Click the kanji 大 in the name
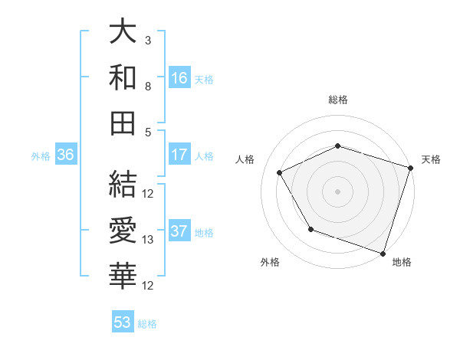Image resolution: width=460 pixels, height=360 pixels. (123, 32)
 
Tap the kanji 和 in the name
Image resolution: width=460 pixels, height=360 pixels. (123, 77)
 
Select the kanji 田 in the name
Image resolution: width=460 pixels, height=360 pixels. (123, 122)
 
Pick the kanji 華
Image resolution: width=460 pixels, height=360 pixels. (123, 273)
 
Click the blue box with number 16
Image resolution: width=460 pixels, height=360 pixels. (179, 77)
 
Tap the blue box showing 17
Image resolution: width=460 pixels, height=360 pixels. (179, 155)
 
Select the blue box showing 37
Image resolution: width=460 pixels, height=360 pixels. (179, 232)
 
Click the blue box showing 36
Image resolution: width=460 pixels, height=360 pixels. (65, 155)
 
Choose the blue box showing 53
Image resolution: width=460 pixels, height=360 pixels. (123, 322)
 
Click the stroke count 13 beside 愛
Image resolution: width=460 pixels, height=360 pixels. (149, 240)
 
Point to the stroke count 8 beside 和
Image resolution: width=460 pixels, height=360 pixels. (148, 86)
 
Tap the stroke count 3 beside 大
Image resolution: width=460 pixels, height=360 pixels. (148, 40)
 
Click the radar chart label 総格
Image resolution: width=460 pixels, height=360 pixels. (338, 100)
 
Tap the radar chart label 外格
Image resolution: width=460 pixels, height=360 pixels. (270, 262)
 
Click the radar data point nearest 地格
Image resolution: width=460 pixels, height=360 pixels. (383, 253)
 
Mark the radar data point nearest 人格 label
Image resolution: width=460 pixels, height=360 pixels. (280, 173)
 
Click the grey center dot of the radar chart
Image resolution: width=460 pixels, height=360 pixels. (338, 191)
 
